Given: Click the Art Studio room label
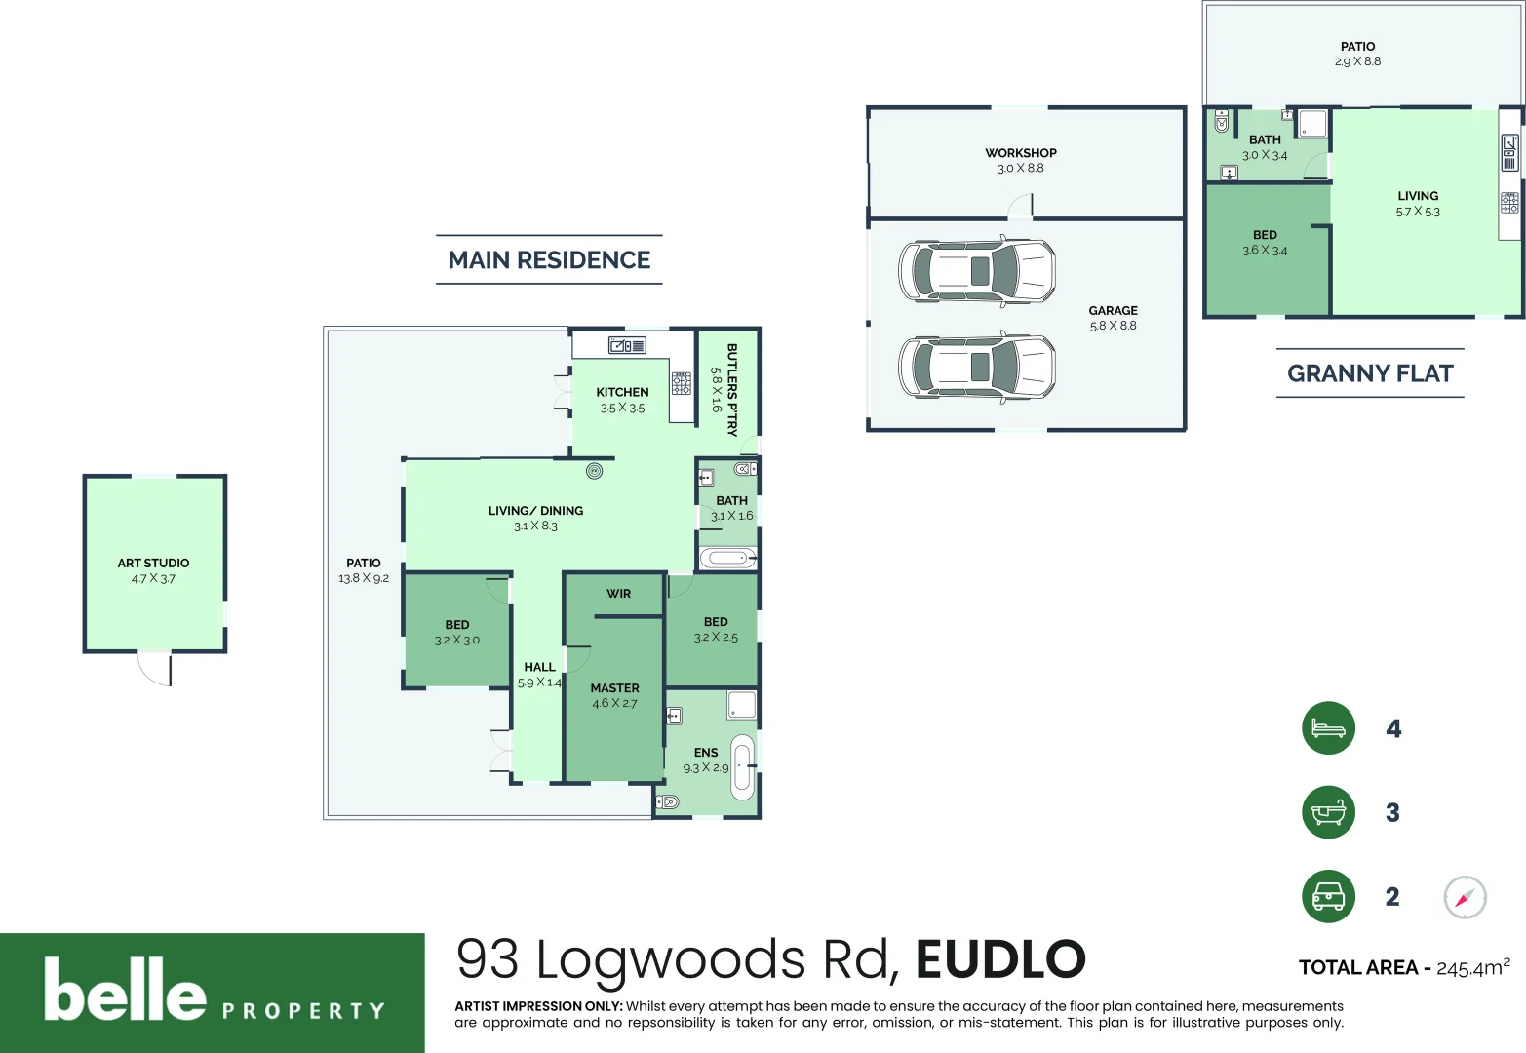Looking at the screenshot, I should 153,564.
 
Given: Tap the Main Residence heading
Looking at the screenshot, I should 549,260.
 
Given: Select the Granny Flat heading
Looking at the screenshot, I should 1370,373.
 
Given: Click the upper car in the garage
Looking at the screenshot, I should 976,271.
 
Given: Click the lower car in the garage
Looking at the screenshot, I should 976,367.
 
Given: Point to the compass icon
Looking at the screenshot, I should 1465,897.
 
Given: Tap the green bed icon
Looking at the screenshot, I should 1328,728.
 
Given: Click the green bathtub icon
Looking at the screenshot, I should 1328,812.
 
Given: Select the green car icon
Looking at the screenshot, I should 1328,896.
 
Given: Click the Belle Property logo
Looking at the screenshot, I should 213,993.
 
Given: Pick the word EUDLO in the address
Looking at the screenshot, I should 1000,959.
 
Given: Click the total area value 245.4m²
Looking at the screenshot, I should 1472,967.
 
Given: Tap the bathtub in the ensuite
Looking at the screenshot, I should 743,766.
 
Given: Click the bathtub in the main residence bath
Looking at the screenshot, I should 727,559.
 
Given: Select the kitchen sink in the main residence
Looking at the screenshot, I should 627,345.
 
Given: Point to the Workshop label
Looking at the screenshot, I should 1020,153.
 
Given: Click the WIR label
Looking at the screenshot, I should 618,594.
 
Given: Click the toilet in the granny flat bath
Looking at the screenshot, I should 1222,122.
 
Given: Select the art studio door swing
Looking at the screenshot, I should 155,669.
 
